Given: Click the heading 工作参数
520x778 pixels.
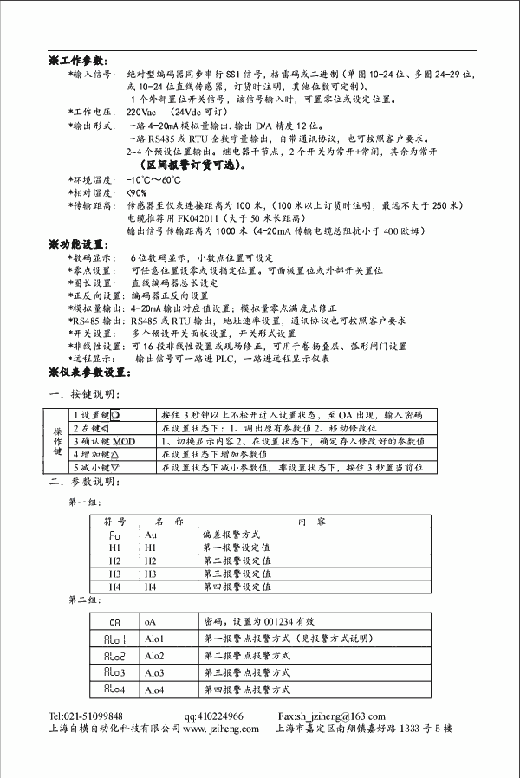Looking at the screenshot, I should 81,62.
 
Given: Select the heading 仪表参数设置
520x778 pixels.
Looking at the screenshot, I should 94,373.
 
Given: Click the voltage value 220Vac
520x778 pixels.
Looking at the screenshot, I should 142,113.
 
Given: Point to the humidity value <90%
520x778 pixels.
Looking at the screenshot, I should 137,192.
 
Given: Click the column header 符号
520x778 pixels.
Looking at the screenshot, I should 115,522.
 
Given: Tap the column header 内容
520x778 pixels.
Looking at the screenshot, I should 309,522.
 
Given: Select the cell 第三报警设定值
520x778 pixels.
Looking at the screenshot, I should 237,574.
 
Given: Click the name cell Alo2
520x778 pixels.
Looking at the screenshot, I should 156,656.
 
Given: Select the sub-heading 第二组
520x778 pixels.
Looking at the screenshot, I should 84,600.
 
